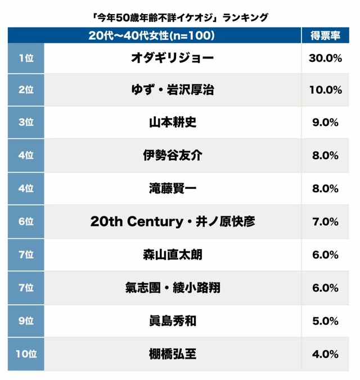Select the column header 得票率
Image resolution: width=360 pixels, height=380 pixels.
[x=325, y=35]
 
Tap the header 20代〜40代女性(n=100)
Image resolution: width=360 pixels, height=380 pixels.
[x=151, y=35]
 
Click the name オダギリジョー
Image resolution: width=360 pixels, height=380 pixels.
[x=172, y=58]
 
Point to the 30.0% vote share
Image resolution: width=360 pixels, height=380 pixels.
[x=325, y=58]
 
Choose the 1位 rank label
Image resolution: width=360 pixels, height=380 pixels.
[x=26, y=58]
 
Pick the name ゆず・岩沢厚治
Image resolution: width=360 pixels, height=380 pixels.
[x=172, y=90]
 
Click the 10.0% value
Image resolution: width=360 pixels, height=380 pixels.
[x=325, y=90]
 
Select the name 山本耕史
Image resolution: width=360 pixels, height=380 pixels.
[x=172, y=123]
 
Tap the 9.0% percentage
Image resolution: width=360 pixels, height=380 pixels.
[x=325, y=123]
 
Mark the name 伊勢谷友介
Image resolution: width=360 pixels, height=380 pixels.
[x=172, y=156]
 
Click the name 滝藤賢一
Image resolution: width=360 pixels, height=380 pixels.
[x=172, y=189]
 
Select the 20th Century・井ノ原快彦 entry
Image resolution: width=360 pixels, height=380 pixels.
[x=172, y=221]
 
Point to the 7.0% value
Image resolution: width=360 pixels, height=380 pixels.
[x=325, y=221]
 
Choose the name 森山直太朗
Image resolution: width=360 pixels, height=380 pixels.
[x=172, y=255]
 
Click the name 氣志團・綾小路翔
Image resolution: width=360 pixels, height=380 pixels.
[x=172, y=288]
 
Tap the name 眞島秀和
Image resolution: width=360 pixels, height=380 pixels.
[x=172, y=321]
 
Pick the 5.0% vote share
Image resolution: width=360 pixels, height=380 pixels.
[x=325, y=321]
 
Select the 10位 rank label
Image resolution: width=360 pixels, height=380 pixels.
[x=26, y=354]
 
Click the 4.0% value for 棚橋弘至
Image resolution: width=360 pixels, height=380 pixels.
[x=325, y=354]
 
